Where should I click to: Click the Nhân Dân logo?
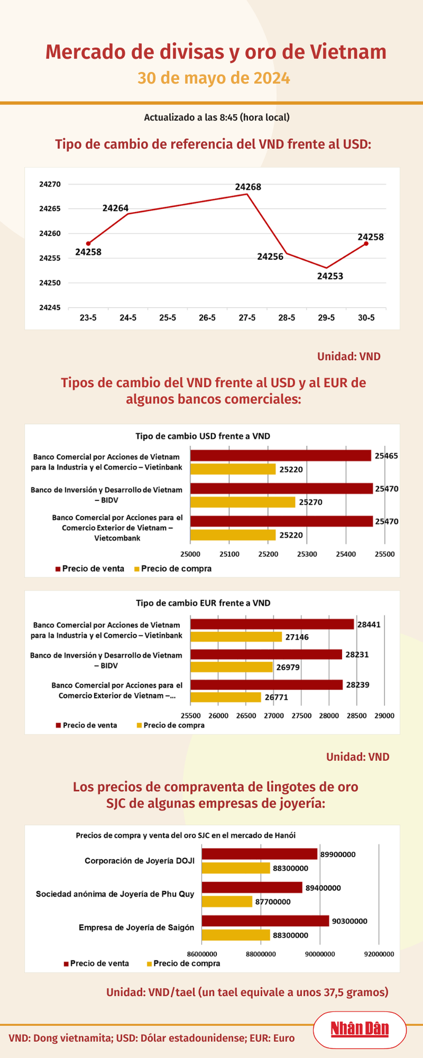(359, 1029)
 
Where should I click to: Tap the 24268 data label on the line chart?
(248, 187)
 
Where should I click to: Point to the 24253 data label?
(330, 276)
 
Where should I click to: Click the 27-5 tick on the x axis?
(247, 318)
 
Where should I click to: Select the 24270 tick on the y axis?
(50, 184)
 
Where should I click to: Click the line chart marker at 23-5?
(88, 244)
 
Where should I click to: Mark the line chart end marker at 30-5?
(366, 244)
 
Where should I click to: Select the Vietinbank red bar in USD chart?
(281, 456)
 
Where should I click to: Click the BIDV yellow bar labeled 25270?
(243, 502)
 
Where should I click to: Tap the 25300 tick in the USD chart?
(307, 554)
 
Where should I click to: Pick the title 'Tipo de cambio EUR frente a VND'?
(203, 603)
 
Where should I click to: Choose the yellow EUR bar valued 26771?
(226, 697)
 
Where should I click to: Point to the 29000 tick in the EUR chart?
(384, 716)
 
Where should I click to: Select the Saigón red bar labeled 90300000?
(265, 921)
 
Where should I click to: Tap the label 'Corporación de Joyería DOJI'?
(139, 861)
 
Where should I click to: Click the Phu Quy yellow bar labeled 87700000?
(226, 902)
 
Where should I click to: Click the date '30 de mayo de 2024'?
(214, 78)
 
